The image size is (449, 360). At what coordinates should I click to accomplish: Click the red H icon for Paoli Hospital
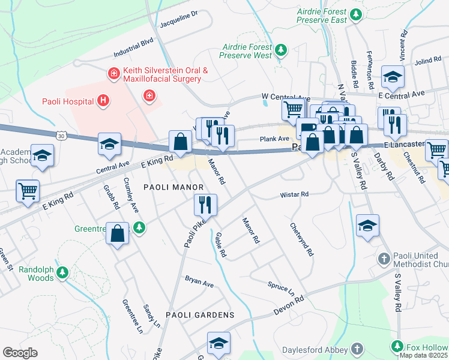coord(103,101)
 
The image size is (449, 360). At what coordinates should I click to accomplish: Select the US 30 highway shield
coord(61,136)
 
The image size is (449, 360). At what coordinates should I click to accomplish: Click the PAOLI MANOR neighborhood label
coord(169,187)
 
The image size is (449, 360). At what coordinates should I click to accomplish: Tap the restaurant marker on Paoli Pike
coord(205,205)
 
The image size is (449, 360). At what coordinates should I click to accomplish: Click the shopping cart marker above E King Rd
coord(28,191)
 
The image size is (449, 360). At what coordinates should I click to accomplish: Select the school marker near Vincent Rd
coord(393,77)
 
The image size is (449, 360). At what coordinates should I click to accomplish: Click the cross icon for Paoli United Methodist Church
coord(385,259)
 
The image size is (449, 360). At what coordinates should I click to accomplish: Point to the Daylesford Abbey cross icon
coord(357,349)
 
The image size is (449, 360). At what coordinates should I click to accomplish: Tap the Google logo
coord(20,353)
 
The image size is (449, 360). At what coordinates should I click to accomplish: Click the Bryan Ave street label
coord(199,281)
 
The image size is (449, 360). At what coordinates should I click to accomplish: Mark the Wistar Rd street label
coord(294,195)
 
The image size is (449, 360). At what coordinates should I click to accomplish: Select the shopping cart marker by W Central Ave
coord(293,109)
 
